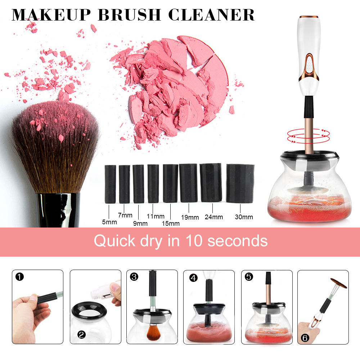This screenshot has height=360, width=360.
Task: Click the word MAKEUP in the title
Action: (x=51, y=15)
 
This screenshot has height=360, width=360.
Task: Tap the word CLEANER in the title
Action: (x=211, y=15)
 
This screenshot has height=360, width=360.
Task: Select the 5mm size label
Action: (x=109, y=222)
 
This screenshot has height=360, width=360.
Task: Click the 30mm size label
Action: (x=244, y=217)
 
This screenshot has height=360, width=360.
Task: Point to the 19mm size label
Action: (x=190, y=217)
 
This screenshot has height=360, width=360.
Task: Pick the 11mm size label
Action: (x=156, y=216)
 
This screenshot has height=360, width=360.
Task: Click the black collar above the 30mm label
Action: (x=240, y=183)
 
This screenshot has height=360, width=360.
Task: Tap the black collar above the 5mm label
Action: (x=111, y=184)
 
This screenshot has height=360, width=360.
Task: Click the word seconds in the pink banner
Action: (x=238, y=241)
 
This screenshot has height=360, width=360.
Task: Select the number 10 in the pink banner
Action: (x=194, y=241)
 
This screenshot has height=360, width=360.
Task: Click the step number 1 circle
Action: (x=19, y=276)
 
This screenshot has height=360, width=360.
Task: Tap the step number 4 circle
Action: (x=194, y=278)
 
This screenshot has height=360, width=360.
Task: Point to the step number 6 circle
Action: (x=305, y=338)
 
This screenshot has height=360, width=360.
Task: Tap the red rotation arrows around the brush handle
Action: (x=309, y=136)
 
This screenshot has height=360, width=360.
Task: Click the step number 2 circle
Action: (x=81, y=334)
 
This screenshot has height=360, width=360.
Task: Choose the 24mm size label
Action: (x=214, y=217)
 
